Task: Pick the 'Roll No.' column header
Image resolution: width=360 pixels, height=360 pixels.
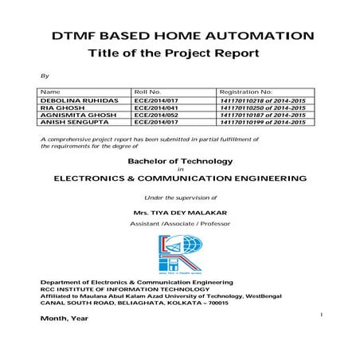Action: tap(148, 92)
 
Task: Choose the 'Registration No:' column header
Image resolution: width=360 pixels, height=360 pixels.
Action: tap(245, 92)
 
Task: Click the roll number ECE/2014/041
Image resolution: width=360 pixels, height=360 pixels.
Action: tap(155, 108)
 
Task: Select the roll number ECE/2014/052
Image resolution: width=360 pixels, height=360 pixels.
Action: tap(155, 115)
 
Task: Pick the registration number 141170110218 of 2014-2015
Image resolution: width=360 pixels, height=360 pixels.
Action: tap(262, 101)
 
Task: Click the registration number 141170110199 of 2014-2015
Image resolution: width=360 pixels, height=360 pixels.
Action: tap(262, 123)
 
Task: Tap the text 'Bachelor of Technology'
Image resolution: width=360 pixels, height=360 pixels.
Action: tap(179, 160)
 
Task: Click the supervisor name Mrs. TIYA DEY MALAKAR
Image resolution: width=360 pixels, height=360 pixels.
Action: tap(180, 214)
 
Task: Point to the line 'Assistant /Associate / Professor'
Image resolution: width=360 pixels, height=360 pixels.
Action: tap(180, 225)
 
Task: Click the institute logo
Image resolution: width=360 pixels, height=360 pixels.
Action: tap(180, 253)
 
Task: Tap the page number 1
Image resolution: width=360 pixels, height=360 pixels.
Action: tap(319, 315)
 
